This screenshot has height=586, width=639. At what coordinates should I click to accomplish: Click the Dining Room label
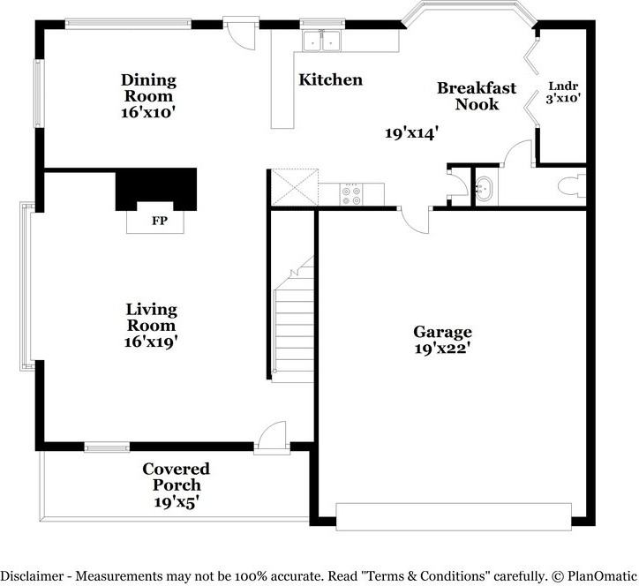[149, 88]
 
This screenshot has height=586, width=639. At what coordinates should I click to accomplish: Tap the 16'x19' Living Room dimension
[151, 342]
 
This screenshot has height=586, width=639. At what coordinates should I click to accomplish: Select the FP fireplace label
[160, 221]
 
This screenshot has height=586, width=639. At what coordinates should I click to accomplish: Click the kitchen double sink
[322, 41]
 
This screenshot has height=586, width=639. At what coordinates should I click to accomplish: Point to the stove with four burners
[351, 195]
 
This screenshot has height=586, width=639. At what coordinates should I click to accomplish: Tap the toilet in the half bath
[571, 186]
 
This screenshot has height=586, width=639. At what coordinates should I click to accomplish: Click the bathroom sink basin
[485, 189]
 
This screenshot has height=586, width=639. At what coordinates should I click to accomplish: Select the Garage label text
[442, 332]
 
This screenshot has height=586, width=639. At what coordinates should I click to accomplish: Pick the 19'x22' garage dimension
[442, 349]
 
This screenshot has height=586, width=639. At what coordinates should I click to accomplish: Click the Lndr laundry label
[563, 86]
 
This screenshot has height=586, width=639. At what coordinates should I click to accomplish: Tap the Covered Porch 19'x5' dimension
[176, 502]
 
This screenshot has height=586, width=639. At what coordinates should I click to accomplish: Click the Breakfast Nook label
[477, 96]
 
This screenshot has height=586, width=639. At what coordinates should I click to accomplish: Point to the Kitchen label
[330, 80]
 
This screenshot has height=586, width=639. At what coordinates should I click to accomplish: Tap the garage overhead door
[454, 517]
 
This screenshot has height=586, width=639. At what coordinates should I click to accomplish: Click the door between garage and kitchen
[415, 220]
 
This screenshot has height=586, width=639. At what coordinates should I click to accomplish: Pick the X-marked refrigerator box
[295, 187]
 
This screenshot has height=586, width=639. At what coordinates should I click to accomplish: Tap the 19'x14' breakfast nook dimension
[412, 133]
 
